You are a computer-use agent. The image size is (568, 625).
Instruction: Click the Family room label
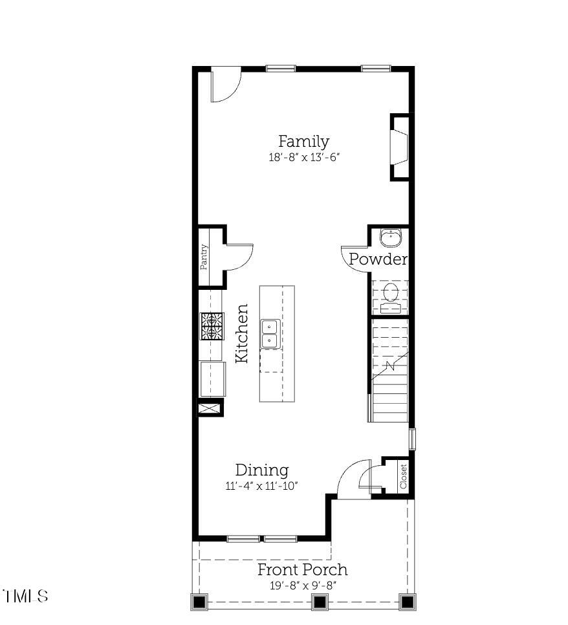(303, 142)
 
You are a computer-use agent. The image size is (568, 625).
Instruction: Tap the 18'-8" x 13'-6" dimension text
(303, 158)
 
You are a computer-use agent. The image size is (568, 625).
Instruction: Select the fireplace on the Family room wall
(399, 148)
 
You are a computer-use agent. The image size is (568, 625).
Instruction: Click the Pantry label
(204, 256)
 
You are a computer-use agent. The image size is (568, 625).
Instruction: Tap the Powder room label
(378, 259)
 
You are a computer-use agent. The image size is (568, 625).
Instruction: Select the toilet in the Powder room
(390, 295)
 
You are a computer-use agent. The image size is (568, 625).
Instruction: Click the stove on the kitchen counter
(212, 327)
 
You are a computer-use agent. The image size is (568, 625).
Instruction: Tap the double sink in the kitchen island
(270, 334)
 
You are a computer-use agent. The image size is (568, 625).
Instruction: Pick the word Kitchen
(241, 333)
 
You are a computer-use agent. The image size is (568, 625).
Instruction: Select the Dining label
(261, 470)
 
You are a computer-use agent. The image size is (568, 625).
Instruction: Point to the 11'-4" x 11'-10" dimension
(261, 487)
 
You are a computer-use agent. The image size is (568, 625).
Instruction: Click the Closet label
(403, 477)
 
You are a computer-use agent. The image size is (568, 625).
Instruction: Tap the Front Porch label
(302, 570)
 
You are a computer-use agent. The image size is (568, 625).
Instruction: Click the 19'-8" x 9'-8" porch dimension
(302, 586)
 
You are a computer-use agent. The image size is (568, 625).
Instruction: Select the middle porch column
(319, 602)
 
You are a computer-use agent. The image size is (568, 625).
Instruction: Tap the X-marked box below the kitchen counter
(210, 408)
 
